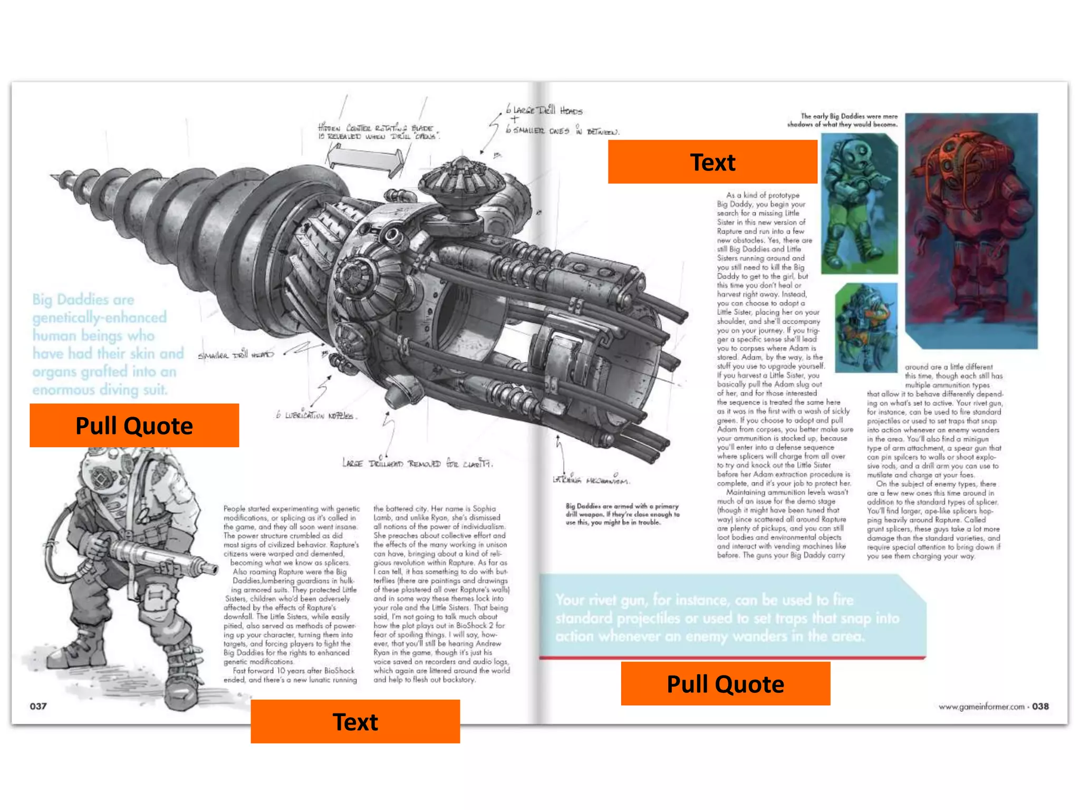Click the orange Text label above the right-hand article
point(712,162)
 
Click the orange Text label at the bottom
point(355,721)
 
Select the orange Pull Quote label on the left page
point(134,426)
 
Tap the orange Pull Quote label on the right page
point(725,684)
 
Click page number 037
point(38,706)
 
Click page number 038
point(1040,706)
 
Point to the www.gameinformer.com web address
point(981,707)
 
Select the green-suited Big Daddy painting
point(859,203)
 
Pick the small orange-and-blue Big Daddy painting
point(866,327)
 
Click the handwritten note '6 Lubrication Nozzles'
point(316,416)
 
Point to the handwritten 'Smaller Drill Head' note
point(236,355)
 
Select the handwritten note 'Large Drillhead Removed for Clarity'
point(417,464)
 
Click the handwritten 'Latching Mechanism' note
point(591,480)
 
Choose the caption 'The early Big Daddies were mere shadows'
point(842,120)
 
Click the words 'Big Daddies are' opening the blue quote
point(83,300)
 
